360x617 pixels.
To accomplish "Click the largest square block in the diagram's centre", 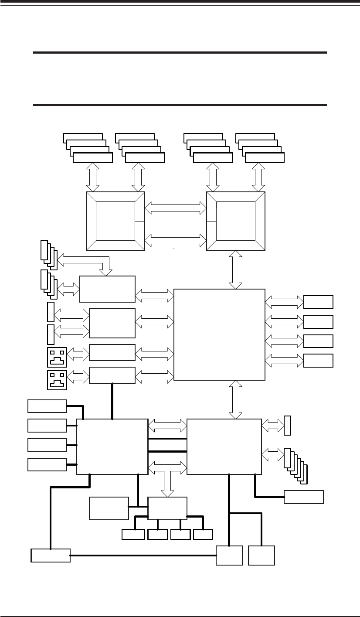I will pos(219,334).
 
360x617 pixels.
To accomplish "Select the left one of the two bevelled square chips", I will pos(115,221).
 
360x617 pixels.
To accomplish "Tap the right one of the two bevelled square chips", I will pos(236,221).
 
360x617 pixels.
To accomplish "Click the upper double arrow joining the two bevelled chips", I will pos(175,208).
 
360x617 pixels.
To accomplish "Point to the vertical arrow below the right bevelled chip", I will pos(236,269).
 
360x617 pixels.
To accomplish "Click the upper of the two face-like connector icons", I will pos(57,356).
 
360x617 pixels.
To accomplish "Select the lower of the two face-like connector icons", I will pos(57,379).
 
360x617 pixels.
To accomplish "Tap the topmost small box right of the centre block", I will pos(318,302).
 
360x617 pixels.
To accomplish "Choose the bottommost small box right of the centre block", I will pos(318,361).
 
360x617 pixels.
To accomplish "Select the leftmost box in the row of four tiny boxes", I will pos(133,534).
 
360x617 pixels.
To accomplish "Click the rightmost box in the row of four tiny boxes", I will pos(203,534).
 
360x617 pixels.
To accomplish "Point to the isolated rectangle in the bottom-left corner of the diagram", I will pos(51,556).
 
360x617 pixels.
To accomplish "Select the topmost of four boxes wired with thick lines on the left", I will pos(47,406).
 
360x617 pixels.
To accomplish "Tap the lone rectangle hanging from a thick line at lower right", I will pos(304,497).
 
